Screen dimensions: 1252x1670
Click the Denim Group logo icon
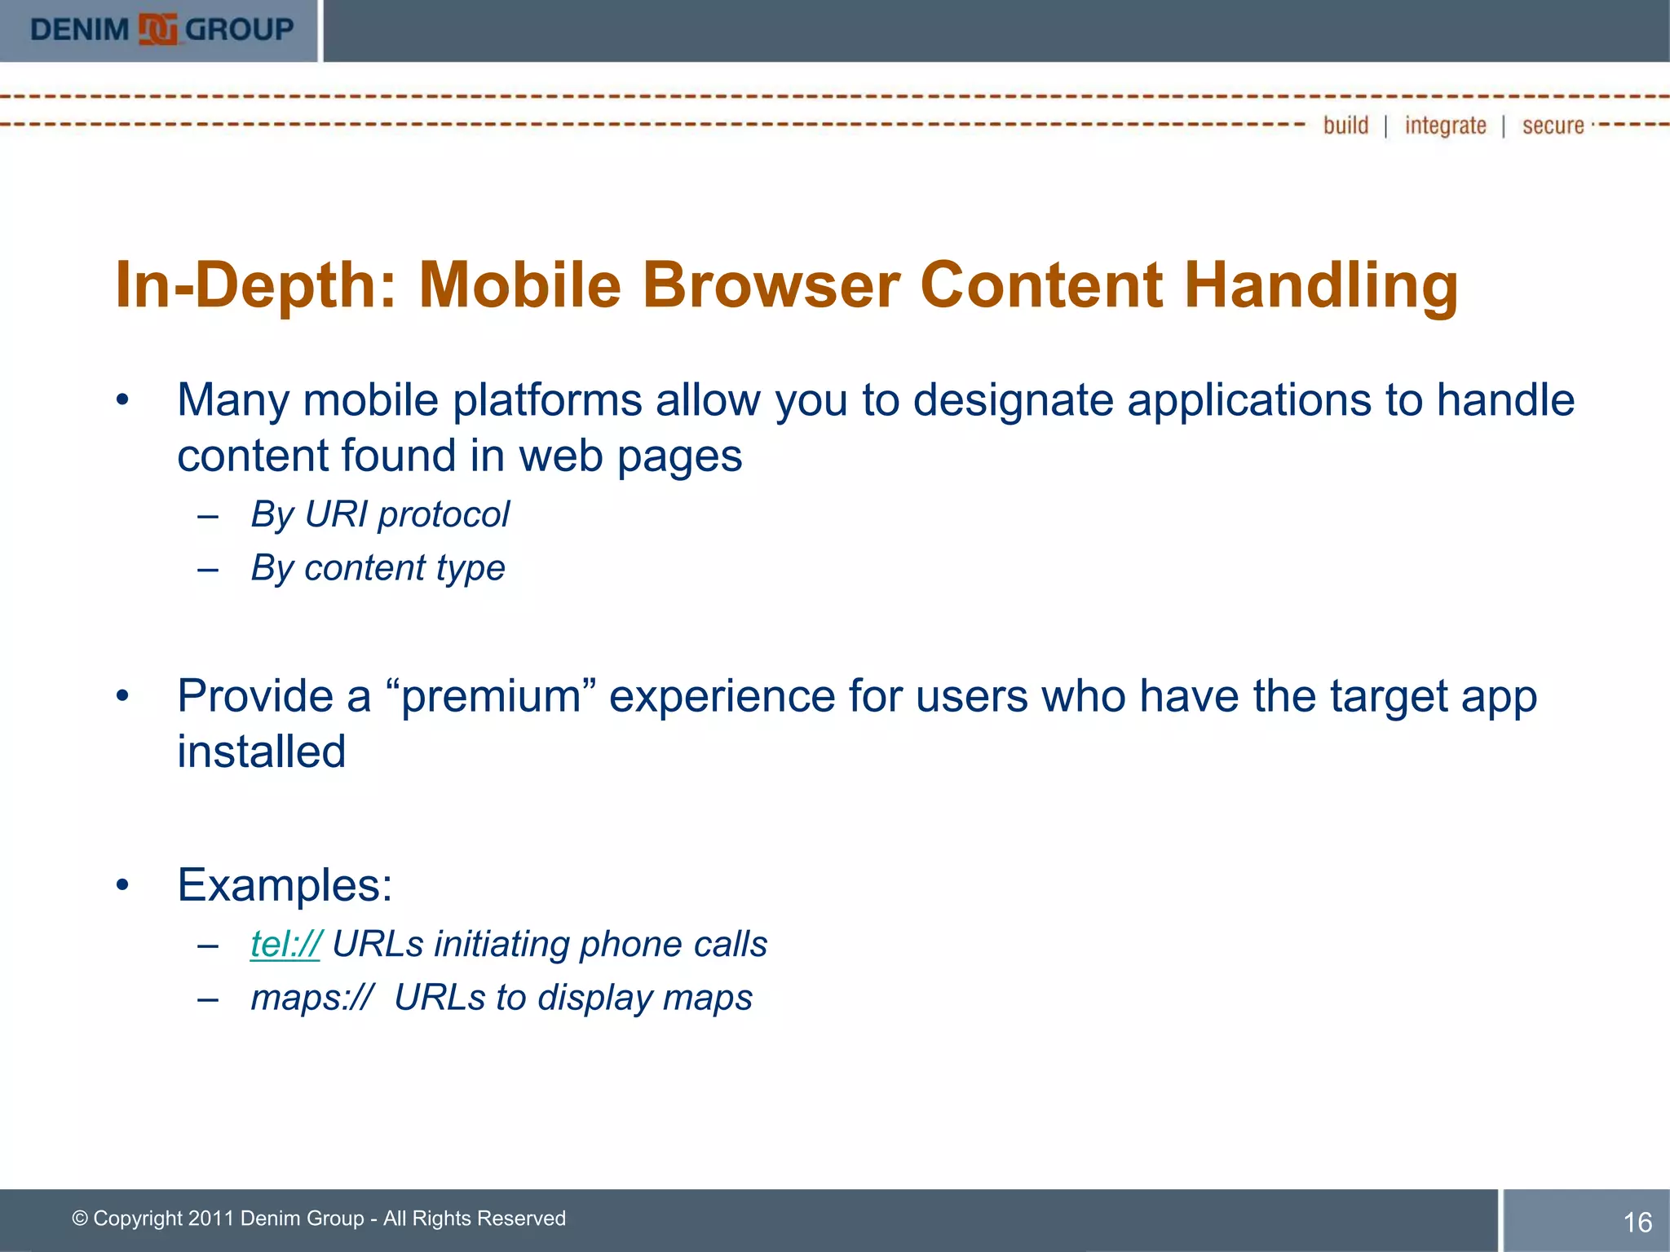pyautogui.click(x=157, y=30)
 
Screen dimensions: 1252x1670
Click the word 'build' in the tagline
pyautogui.click(x=1345, y=126)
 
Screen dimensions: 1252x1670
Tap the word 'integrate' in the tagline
pyautogui.click(x=1445, y=126)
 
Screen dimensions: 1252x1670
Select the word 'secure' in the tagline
pyautogui.click(x=1553, y=126)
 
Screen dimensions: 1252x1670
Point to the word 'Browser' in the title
pyautogui.click(x=771, y=285)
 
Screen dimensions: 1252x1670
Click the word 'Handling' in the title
pyautogui.click(x=1321, y=285)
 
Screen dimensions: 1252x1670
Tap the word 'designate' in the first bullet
pyautogui.click(x=1013, y=400)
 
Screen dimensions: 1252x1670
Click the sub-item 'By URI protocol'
pyautogui.click(x=380, y=514)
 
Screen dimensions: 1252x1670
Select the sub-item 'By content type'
pyautogui.click(x=378, y=567)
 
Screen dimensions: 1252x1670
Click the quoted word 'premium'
pyautogui.click(x=490, y=697)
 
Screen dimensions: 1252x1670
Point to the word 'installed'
pyautogui.click(x=262, y=752)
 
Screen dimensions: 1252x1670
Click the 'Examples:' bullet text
pyautogui.click(x=285, y=885)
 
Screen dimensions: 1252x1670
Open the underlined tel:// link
pyautogui.click(x=285, y=944)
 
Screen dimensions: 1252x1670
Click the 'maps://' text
pyautogui.click(x=311, y=998)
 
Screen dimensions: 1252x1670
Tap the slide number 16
pyautogui.click(x=1637, y=1222)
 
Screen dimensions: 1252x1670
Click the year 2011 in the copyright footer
pyautogui.click(x=210, y=1219)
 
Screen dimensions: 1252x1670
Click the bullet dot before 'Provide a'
pyautogui.click(x=122, y=696)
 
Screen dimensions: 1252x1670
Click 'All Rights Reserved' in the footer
pyautogui.click(x=474, y=1219)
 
